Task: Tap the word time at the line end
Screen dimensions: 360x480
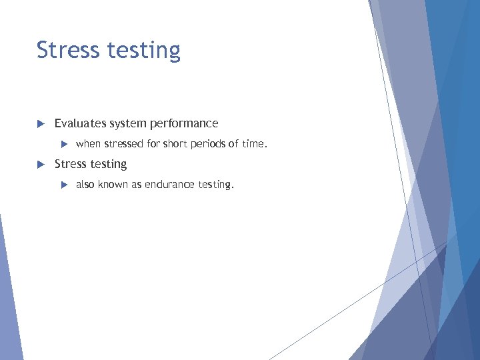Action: point(253,143)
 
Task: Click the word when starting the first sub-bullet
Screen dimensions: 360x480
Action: point(89,143)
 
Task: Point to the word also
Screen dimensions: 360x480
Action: point(85,185)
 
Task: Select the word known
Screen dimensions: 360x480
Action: point(113,185)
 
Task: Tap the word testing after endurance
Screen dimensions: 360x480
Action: point(215,185)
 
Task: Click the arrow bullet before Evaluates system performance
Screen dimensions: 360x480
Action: point(39,124)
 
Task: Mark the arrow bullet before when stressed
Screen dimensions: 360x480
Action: point(64,144)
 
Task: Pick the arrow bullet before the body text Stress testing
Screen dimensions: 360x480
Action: point(39,164)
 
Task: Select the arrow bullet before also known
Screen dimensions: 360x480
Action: point(64,185)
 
